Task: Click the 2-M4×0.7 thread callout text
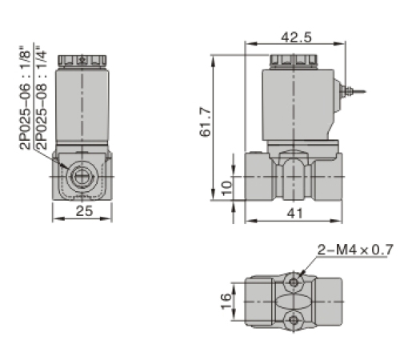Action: (354, 250)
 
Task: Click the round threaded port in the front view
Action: (82, 176)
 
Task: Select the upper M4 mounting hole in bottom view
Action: (295, 281)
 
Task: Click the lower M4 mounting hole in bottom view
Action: (295, 321)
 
